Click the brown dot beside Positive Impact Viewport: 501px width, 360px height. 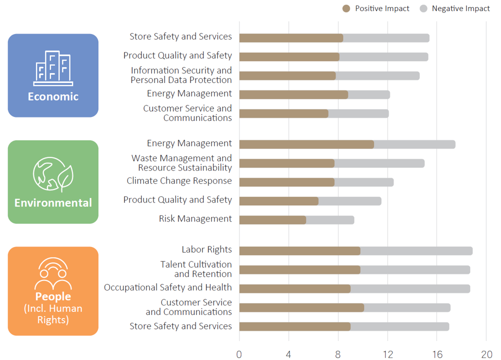point(346,8)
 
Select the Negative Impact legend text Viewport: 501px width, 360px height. point(460,8)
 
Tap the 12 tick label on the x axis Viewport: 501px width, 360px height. point(388,354)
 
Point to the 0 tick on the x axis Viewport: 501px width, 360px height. point(239,354)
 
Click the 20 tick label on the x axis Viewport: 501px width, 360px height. point(486,354)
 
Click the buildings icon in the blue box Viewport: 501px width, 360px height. point(53,68)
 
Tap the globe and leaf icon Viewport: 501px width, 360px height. point(53,174)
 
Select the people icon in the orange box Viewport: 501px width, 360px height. point(53,273)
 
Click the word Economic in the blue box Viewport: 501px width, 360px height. point(53,96)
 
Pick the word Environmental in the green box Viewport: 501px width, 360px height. point(53,203)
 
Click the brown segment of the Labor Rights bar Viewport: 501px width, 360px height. point(299,251)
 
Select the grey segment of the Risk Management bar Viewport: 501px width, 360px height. point(330,220)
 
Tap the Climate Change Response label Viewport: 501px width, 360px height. point(179,181)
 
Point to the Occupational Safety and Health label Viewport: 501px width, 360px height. point(168,287)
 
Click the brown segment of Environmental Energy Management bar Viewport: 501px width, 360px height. point(306,144)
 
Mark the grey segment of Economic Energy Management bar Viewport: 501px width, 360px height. point(369,94)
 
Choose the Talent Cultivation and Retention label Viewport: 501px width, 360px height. point(196,269)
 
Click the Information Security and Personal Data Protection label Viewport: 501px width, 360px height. point(181,75)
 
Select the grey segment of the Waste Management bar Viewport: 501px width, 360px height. point(379,163)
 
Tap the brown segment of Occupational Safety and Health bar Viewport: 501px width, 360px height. point(295,289)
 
